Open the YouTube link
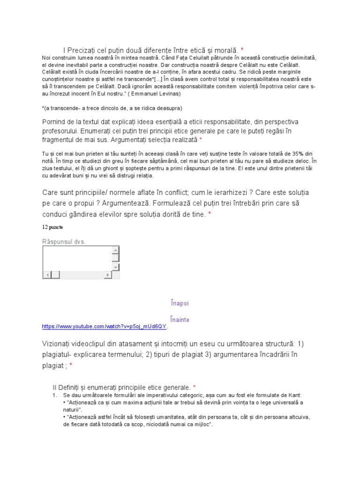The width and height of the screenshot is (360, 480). point(104,326)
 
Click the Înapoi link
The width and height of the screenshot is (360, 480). point(180,303)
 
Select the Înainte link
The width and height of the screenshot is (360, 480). point(180,320)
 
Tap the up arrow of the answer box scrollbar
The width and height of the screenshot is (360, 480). point(116,250)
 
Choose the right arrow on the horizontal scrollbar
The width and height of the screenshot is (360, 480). point(108,275)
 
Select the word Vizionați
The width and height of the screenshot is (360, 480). point(60,344)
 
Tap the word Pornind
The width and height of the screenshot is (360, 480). point(56,122)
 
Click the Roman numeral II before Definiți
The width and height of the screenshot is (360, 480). point(54,388)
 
